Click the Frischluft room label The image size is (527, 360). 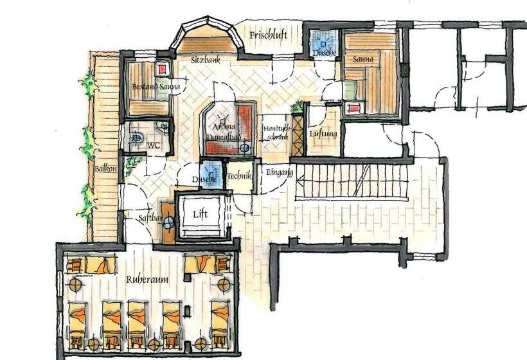(x=268, y=35)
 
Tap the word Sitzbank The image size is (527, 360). (x=205, y=59)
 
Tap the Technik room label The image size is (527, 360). (x=239, y=175)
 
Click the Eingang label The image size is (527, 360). (x=279, y=172)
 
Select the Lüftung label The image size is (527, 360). (x=323, y=134)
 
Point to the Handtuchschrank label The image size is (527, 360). (x=277, y=132)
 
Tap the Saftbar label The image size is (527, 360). (x=150, y=219)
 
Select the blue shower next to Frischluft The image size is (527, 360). (x=320, y=44)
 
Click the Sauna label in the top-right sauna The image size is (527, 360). (x=362, y=59)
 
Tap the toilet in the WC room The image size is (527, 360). (x=137, y=137)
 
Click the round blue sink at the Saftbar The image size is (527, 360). (x=168, y=223)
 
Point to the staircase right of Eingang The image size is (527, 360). (x=351, y=181)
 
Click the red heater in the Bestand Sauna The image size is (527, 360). (x=162, y=68)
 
